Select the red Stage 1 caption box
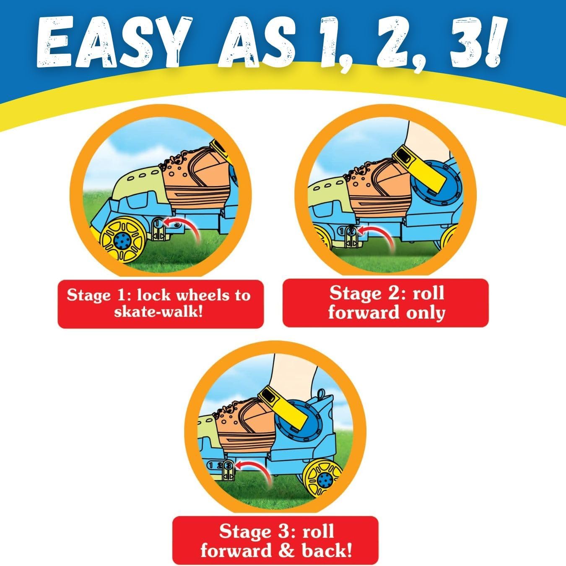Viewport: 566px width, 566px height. coord(161,304)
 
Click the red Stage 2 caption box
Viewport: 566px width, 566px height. coord(385,303)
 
